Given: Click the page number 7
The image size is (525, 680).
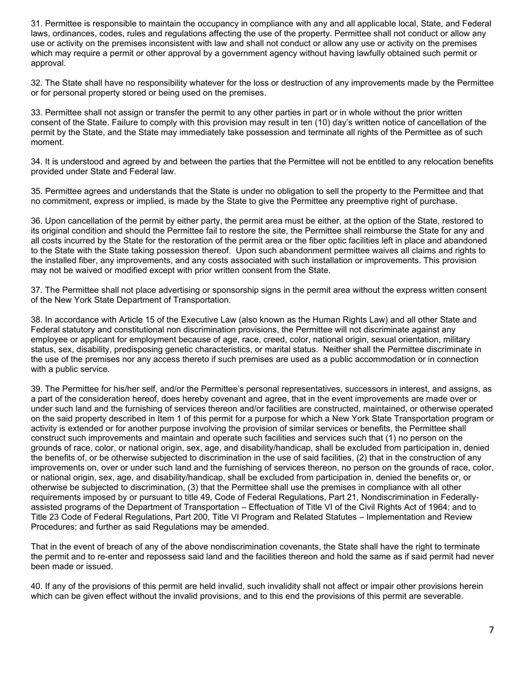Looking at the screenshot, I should point(491,630).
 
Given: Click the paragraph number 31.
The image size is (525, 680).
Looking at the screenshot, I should point(36,24).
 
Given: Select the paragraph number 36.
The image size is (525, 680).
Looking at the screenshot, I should point(36,221).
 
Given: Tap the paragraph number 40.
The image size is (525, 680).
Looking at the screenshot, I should point(36,587).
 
